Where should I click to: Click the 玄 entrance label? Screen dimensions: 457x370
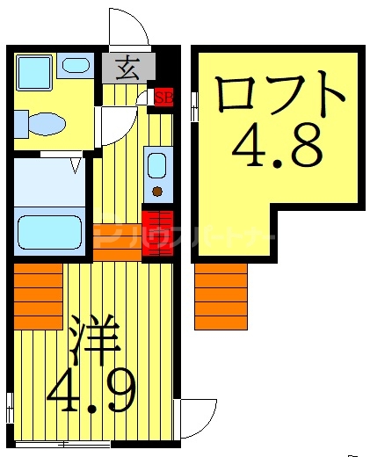pyautogui.click(x=127, y=66)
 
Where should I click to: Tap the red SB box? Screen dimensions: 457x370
pyautogui.click(x=163, y=97)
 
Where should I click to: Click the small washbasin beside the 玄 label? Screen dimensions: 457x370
pyautogui.click(x=75, y=65)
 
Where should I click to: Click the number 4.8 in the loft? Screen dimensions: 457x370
pyautogui.click(x=277, y=149)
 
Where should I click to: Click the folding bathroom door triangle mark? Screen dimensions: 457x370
pyautogui.click(x=76, y=163)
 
